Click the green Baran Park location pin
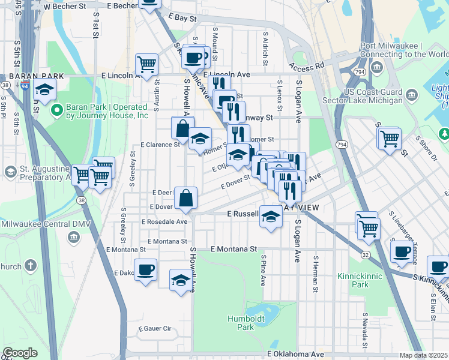(57, 110)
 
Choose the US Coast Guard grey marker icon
(412, 94)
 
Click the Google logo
(20, 353)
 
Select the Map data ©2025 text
(423, 355)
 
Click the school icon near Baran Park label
(44, 90)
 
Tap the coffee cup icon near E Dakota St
(145, 270)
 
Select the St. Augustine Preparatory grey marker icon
(10, 172)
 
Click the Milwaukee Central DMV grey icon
(73, 236)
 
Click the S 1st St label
(95, 28)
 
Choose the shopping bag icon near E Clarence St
(182, 127)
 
